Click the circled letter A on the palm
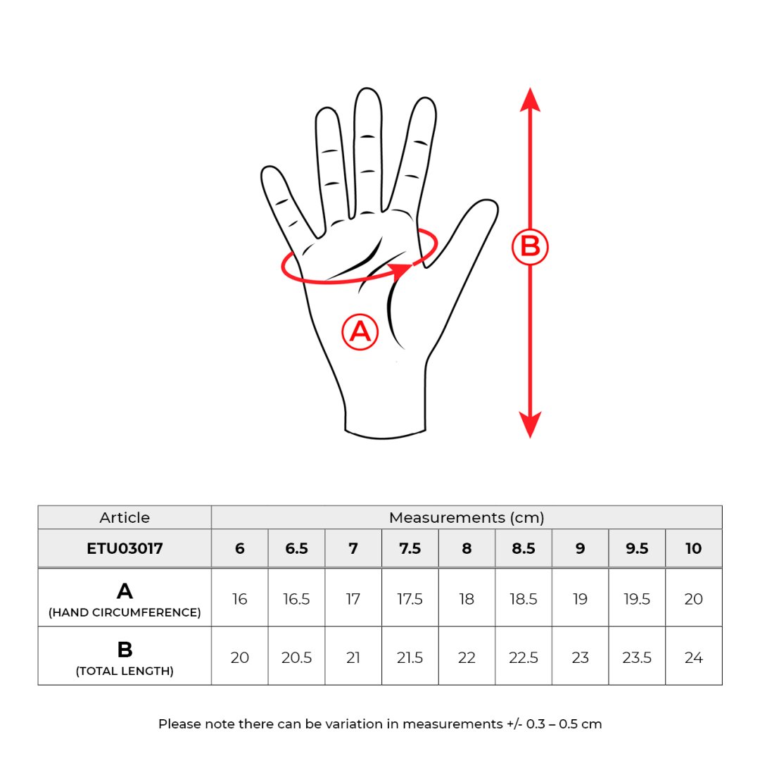pyautogui.click(x=360, y=332)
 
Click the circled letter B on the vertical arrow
pyautogui.click(x=530, y=247)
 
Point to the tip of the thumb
pyautogui.click(x=490, y=202)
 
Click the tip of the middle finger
pyautogui.click(x=367, y=89)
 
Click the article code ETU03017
pyautogui.click(x=125, y=548)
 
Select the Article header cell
pyautogui.click(x=125, y=517)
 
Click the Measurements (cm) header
pyautogui.click(x=467, y=517)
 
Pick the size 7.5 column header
pyautogui.click(x=410, y=548)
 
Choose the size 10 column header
pyautogui.click(x=693, y=548)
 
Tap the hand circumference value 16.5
pyautogui.click(x=296, y=599)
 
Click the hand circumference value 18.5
pyautogui.click(x=523, y=599)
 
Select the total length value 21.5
pyautogui.click(x=410, y=658)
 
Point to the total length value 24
pyautogui.click(x=693, y=658)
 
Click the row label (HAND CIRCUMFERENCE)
pyautogui.click(x=125, y=612)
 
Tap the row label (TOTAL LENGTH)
pyautogui.click(x=125, y=671)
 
